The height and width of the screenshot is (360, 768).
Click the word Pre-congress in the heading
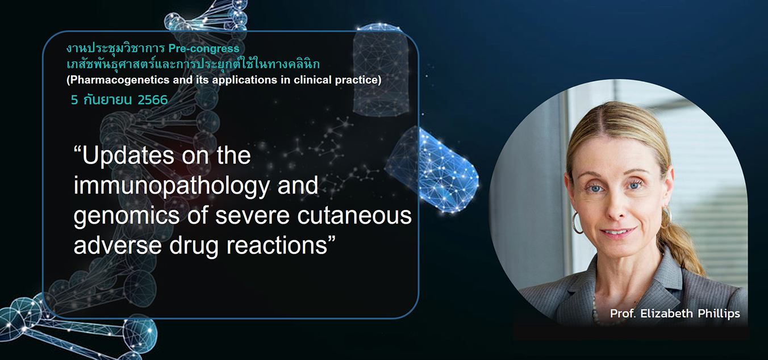204,49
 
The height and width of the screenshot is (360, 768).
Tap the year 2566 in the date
153,100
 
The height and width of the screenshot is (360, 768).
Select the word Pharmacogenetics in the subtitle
120,80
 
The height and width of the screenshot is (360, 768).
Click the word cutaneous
354,216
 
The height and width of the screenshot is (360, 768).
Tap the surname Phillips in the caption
719,313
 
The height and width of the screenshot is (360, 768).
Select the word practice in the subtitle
358,80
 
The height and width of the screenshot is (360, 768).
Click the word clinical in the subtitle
312,80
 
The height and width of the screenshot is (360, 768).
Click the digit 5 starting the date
74,100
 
